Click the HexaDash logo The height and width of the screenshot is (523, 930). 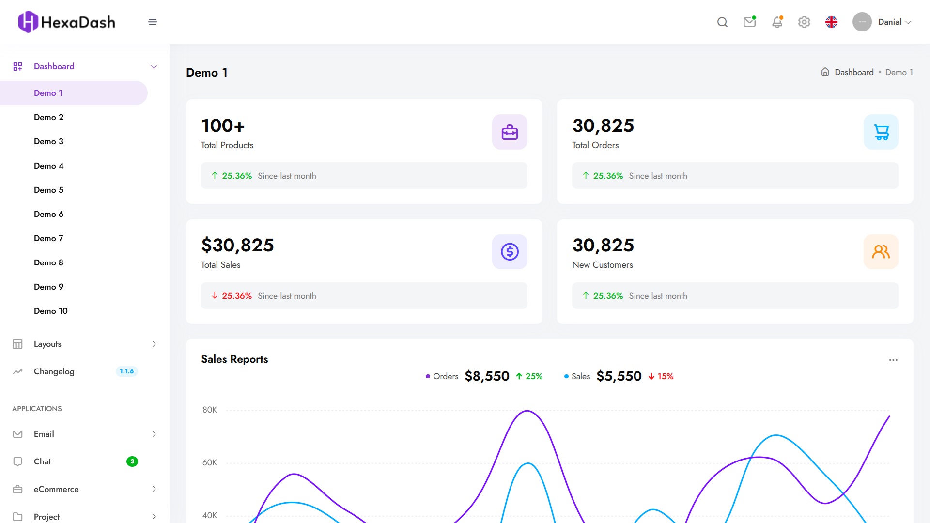(67, 22)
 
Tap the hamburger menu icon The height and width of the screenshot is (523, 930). (153, 22)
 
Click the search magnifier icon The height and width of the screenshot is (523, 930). (722, 22)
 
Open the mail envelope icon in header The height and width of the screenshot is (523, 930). (749, 22)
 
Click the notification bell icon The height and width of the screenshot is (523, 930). (777, 22)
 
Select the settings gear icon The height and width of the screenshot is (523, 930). (804, 22)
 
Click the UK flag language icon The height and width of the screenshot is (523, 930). (831, 22)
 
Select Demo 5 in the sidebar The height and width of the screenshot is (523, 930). (48, 190)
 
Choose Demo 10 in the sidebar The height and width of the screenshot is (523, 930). (50, 311)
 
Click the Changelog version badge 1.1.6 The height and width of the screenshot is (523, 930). (126, 371)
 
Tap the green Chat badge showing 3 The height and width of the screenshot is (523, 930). (132, 461)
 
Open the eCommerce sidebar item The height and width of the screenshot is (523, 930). (56, 489)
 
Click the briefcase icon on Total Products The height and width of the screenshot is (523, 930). (510, 132)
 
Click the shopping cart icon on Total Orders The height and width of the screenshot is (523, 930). (881, 132)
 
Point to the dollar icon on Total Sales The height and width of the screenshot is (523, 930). (510, 252)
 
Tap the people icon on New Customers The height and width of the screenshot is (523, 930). (881, 252)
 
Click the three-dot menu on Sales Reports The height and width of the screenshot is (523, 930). (893, 360)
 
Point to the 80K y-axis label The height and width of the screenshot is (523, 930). (210, 410)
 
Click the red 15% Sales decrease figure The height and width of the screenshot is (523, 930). (661, 376)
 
